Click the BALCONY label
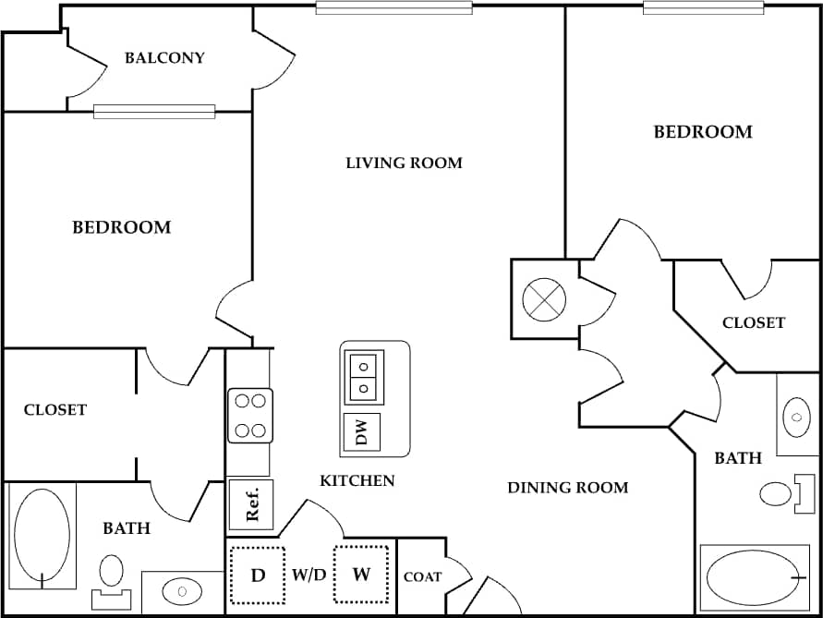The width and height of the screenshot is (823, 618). pos(164,58)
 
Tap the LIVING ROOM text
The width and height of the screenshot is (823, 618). pos(404,164)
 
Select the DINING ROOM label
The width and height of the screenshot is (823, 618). pos(567,488)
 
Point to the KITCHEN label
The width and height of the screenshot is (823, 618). pos(357,480)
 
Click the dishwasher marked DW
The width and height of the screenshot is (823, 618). pos(362,432)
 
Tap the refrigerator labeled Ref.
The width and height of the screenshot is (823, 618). pos(251,504)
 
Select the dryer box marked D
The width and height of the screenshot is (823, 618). pos(259,575)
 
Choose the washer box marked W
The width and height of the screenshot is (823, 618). pos(361,575)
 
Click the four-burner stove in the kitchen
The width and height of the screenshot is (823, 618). pos(250,416)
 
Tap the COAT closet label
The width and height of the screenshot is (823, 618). pos(422,577)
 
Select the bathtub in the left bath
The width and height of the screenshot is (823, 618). pos(42,537)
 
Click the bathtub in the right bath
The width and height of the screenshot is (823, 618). pos(754,577)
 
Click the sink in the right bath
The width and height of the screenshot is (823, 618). pos(796,417)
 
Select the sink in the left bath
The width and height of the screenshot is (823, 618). pos(181,589)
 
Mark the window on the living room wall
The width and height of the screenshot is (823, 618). pos(393,7)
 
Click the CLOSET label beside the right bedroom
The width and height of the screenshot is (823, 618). pos(754,323)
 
